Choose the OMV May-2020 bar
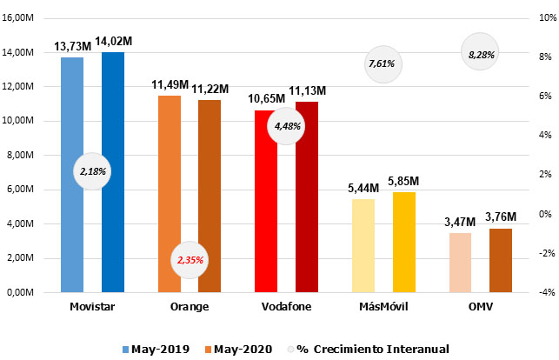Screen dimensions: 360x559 pos(501,261)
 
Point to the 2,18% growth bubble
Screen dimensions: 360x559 pos(92,171)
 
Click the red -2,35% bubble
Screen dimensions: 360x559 pos(190,259)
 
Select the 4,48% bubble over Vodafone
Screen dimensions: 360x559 pos(287,126)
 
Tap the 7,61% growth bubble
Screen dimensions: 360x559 pos(383,63)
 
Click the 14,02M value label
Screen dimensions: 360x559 pos(113,41)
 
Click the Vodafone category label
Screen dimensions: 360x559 pos(286,307)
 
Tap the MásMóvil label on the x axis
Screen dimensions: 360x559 pos(383,307)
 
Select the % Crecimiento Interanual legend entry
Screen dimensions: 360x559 pos(366,349)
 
